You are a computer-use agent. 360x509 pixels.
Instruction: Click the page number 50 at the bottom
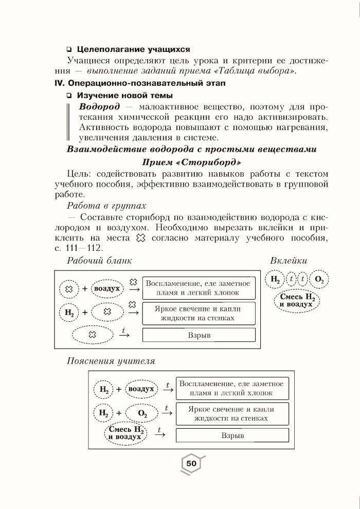191,464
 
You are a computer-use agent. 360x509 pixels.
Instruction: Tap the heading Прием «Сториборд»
190,162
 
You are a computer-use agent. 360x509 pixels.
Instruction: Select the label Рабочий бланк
99,261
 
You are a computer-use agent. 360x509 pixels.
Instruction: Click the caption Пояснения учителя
111,361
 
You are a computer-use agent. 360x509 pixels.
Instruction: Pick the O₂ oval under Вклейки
319,280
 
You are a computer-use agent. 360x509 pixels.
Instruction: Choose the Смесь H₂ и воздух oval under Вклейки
296,301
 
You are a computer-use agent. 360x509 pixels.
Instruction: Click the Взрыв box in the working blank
198,335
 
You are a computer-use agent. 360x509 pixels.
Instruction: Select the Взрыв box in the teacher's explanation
232,435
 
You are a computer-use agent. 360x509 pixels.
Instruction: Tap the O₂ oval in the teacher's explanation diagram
142,413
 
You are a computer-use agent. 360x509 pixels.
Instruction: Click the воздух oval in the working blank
107,288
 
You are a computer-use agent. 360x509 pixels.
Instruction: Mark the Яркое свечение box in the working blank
198,313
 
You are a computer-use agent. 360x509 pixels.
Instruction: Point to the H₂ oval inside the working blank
69,312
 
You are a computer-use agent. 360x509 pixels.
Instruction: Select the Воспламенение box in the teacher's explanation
232,389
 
